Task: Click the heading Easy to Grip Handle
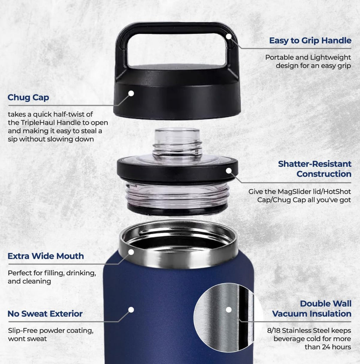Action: [x=310, y=40]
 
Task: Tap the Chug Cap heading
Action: [x=28, y=98]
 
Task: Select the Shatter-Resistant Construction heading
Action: [x=315, y=169]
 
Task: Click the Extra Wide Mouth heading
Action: [x=46, y=256]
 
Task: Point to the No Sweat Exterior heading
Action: [x=45, y=314]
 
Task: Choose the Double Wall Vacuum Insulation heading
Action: [x=311, y=308]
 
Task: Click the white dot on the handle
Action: [x=229, y=36]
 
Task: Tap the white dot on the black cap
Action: [x=131, y=93]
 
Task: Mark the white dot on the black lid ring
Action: [x=229, y=171]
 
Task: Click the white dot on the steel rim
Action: [x=131, y=252]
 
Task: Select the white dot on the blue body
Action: [x=131, y=310]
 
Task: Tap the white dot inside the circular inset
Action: [x=229, y=310]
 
